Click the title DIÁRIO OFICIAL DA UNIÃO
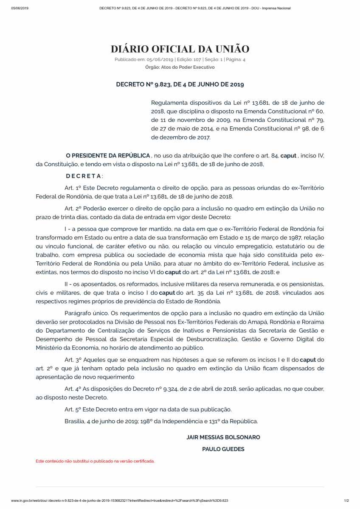[180, 49]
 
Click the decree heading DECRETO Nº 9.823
[180, 84]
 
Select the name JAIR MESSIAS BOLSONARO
[223, 437]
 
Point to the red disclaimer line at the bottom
[95, 461]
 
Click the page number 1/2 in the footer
[346, 501]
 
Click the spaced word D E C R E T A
[84, 176]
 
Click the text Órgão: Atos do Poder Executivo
[180, 67]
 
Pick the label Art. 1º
[73, 187]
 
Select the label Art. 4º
[73, 389]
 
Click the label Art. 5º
[73, 409]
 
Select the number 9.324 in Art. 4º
[166, 389]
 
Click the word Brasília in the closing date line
[74, 421]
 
